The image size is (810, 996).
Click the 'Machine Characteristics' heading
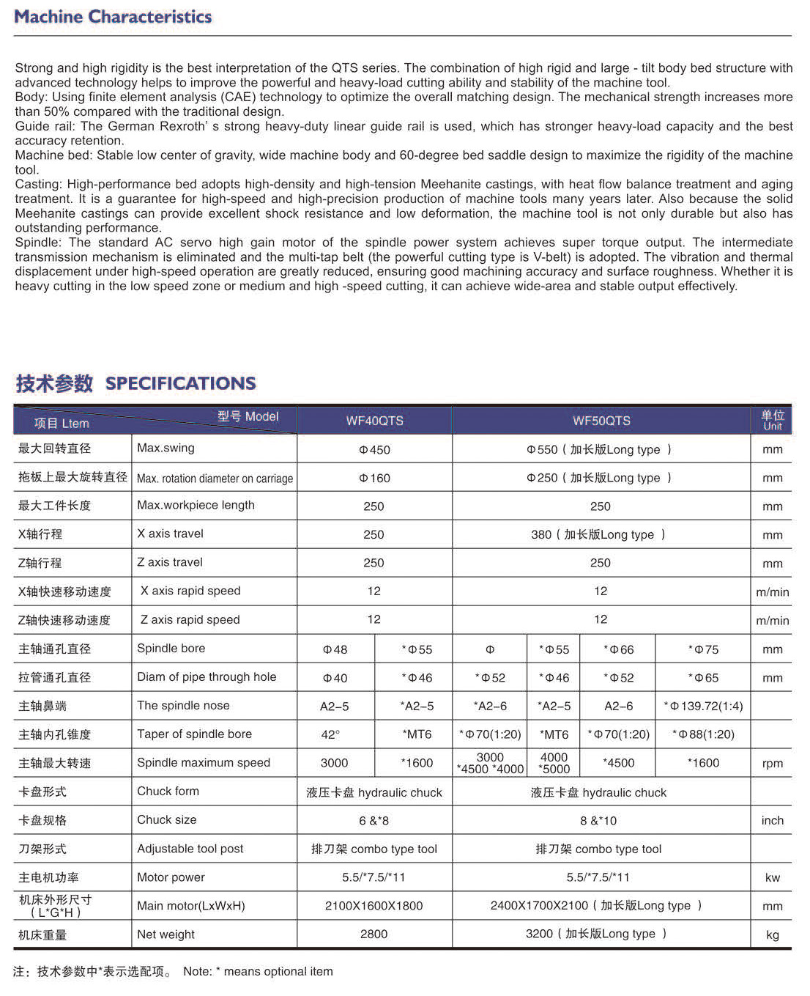pos(113,17)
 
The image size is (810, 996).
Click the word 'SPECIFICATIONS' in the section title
pos(180,383)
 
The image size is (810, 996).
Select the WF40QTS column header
pos(374,421)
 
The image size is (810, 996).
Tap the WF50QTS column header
pos(601,421)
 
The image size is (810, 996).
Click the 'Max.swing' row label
pos(166,448)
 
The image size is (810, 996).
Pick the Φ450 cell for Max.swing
pos(374,450)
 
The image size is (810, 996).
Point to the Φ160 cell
pos(374,479)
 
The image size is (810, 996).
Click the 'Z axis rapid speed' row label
pos(190,620)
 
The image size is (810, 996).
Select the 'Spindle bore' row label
pos(171,649)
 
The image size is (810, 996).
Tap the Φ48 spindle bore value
pos(335,649)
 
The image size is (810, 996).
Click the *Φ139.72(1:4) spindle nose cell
pos(703,707)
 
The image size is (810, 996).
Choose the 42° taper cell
pos(331,734)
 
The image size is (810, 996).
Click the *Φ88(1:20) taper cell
pos(703,734)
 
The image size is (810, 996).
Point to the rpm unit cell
pos(772,764)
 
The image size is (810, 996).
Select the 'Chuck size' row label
pos(166,820)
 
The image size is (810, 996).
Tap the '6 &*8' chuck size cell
pos(374,821)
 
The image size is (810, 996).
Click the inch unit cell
pos(772,821)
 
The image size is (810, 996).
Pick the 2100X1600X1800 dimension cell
pos(374,906)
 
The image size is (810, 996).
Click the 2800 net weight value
pos(374,934)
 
